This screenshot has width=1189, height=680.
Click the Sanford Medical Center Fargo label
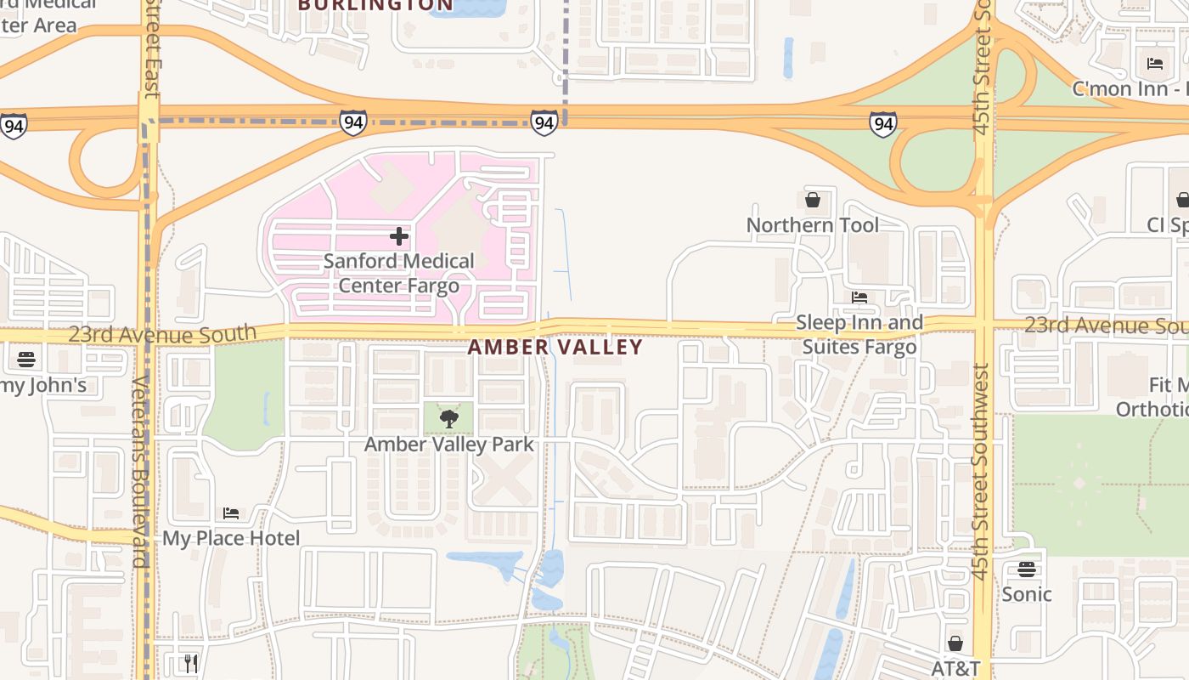(398, 273)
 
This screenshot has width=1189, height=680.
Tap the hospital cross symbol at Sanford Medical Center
(398, 236)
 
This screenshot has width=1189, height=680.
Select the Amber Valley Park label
(449, 445)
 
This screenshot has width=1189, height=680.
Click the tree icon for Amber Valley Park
(449, 418)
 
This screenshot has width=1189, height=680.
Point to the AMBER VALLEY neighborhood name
(555, 347)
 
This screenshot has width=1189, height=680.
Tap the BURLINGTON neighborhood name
(375, 5)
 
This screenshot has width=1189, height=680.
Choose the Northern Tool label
(813, 225)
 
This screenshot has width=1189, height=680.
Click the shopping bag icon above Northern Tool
(813, 200)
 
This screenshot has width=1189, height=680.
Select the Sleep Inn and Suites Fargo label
(859, 335)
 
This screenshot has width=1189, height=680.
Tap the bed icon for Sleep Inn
(859, 297)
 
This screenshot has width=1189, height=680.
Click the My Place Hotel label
(231, 538)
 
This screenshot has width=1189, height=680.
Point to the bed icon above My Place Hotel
(231, 513)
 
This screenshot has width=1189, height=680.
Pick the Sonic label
(1027, 594)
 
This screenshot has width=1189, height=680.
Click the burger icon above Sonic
(1027, 569)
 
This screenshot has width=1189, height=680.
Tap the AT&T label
(955, 668)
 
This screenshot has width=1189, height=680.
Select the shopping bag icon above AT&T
(955, 643)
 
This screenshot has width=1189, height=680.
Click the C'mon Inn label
(1130, 88)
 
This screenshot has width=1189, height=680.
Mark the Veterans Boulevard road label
(140, 472)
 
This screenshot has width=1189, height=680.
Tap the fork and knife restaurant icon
(191, 663)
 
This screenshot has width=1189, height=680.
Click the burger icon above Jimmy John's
(25, 360)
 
